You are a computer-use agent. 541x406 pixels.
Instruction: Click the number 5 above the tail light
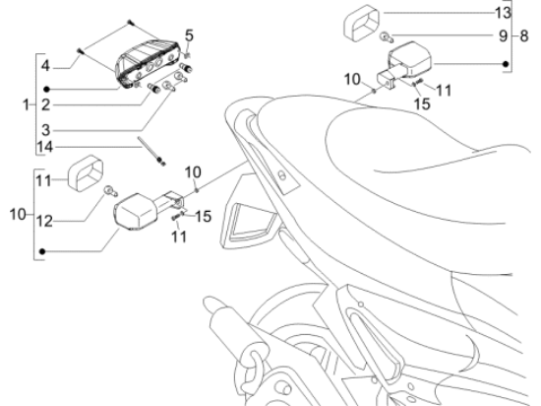(189, 35)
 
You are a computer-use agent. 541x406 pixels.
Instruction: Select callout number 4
(45, 66)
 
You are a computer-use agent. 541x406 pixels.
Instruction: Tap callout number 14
(45, 147)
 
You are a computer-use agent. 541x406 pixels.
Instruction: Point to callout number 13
(503, 13)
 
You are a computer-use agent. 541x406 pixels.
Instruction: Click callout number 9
(504, 35)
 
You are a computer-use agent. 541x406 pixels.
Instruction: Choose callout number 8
(523, 35)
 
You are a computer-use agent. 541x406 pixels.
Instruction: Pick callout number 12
(44, 221)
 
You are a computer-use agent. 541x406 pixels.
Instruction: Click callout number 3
(46, 130)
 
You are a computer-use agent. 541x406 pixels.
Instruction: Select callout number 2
(46, 104)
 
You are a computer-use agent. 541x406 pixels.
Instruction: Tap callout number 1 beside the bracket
(27, 104)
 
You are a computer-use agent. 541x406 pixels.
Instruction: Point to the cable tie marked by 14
(151, 151)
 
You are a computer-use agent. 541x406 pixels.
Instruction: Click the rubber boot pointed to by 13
(361, 23)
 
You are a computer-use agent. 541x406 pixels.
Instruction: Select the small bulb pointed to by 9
(387, 37)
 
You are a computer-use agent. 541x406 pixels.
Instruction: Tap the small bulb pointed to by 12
(111, 191)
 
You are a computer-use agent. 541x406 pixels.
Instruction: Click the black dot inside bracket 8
(506, 64)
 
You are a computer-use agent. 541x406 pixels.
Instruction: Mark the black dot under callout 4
(47, 90)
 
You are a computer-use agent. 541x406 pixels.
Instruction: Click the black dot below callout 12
(42, 251)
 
